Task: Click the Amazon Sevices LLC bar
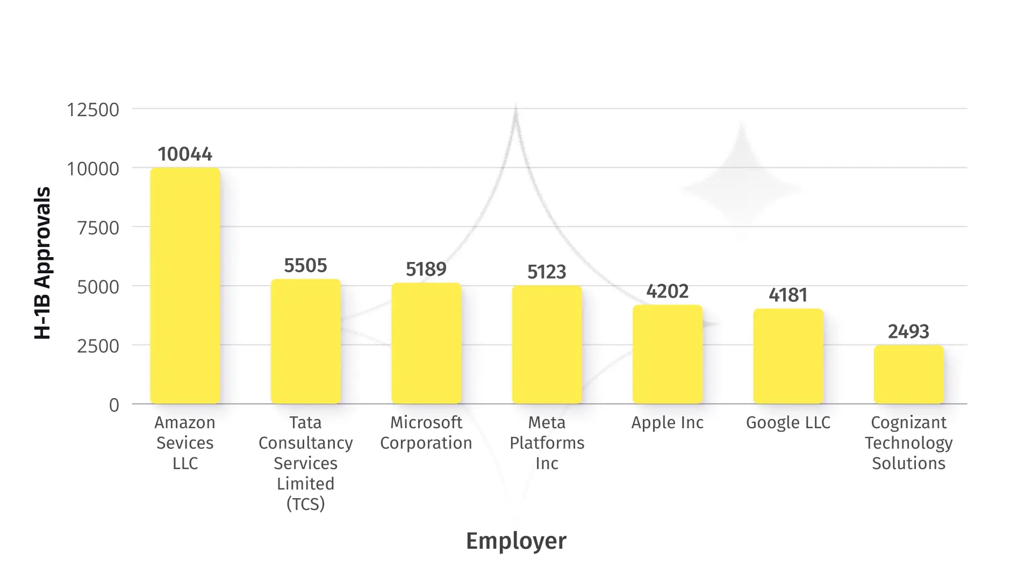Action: pos(185,286)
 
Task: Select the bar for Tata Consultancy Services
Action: pos(305,342)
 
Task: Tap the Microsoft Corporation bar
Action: pos(426,343)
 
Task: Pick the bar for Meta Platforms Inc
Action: pos(547,344)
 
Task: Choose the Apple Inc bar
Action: pos(668,355)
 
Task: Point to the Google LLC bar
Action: pos(788,356)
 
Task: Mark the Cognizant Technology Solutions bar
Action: pos(908,374)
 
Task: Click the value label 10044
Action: pos(185,154)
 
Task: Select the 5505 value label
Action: pos(305,266)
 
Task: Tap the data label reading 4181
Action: pos(788,295)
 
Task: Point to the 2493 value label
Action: pos(908,332)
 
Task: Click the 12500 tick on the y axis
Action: pos(93,110)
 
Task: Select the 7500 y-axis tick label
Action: pos(98,228)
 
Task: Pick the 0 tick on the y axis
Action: pos(114,405)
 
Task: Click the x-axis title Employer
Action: pos(516,541)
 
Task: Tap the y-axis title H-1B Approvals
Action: pos(42,263)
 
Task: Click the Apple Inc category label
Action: pos(668,423)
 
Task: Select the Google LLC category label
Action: pos(788,423)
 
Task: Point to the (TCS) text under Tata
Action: pos(305,504)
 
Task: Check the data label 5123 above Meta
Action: pos(547,272)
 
